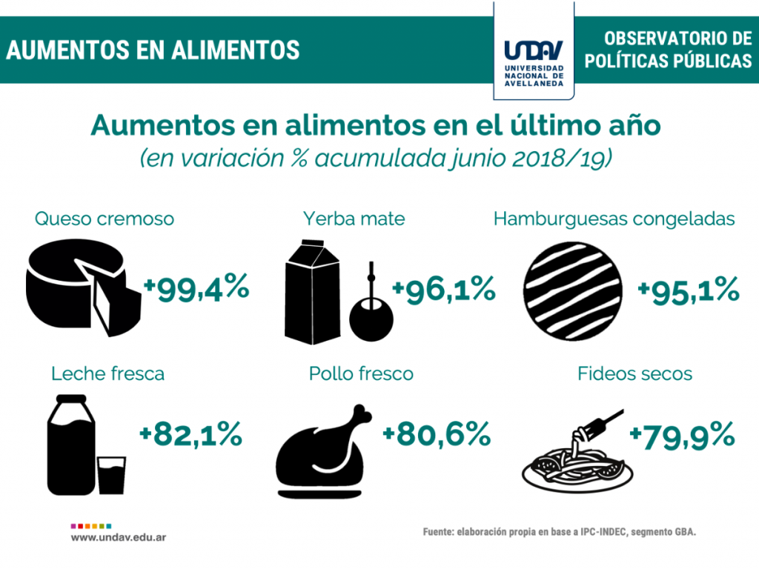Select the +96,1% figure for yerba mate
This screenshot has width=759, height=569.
point(443,289)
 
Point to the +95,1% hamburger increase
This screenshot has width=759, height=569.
point(689,289)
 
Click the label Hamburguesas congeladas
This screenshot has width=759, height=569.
point(614,219)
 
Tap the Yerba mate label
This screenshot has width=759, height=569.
point(354,219)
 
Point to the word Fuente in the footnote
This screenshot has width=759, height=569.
point(439,532)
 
